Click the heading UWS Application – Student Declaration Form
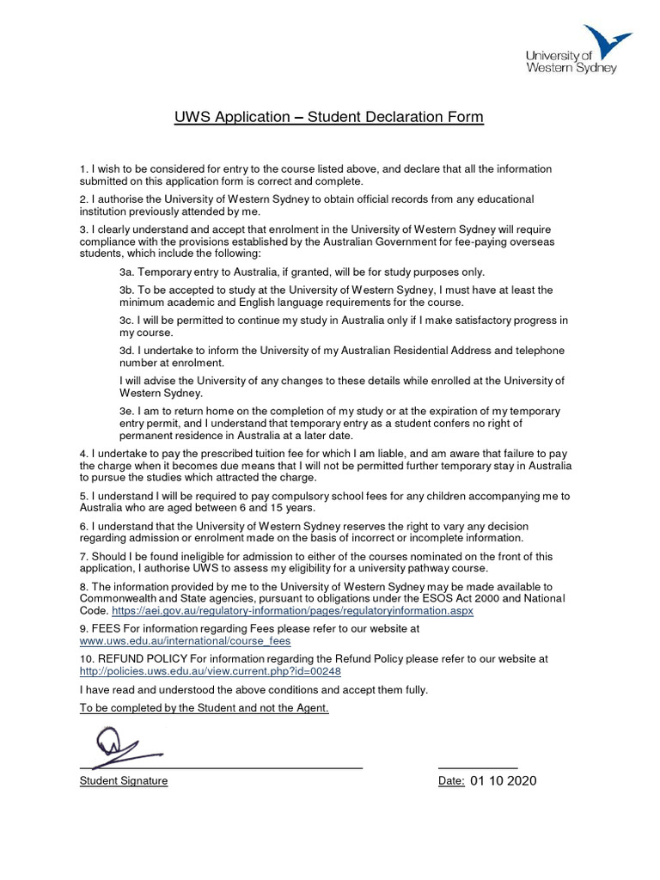(329, 116)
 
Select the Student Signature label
(124, 781)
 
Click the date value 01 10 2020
(504, 781)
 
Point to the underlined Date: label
(452, 781)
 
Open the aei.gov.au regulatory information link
(292, 610)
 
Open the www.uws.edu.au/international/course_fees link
(185, 640)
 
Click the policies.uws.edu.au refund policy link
(204, 671)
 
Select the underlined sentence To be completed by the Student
(204, 708)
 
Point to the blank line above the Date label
(478, 767)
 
